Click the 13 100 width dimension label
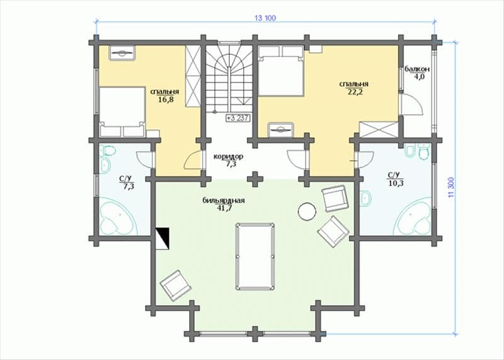pyautogui.click(x=265, y=18)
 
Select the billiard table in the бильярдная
pyautogui.click(x=255, y=256)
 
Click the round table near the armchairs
pyautogui.click(x=307, y=211)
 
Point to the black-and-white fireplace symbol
pyautogui.click(x=163, y=239)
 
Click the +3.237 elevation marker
pyautogui.click(x=238, y=118)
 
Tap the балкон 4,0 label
pyautogui.click(x=417, y=73)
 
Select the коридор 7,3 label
pyautogui.click(x=228, y=160)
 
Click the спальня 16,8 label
pyautogui.click(x=165, y=95)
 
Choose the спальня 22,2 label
pyautogui.click(x=354, y=88)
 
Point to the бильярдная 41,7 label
pyautogui.click(x=224, y=204)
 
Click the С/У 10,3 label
pyautogui.click(x=394, y=179)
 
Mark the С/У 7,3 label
pyautogui.click(x=127, y=183)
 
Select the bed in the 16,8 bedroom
pyautogui.click(x=122, y=112)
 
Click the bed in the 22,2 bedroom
pyautogui.click(x=281, y=71)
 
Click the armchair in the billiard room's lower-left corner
pyautogui.click(x=176, y=286)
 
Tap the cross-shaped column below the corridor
pyautogui.click(x=255, y=179)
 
